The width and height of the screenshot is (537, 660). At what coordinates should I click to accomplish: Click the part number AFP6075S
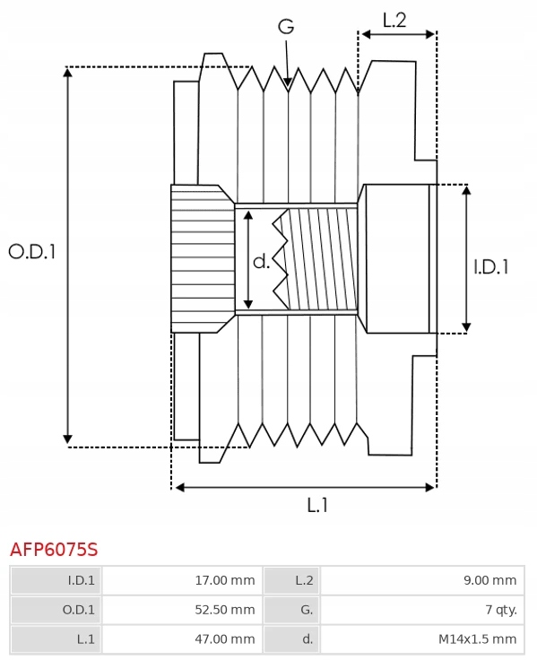coord(54,548)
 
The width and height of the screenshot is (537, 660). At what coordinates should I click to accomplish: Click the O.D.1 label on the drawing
coord(32,252)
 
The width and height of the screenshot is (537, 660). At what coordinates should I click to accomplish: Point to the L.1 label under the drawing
coord(317,506)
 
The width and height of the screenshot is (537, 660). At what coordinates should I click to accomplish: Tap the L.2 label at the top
coord(394,20)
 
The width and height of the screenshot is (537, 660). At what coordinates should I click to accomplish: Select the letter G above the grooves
coord(286,27)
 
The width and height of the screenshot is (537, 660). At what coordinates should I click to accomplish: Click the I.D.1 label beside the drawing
coord(491,265)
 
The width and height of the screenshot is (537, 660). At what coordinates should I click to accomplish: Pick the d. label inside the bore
coord(261,262)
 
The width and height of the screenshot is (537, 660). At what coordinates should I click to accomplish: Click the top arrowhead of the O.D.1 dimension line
coord(68,73)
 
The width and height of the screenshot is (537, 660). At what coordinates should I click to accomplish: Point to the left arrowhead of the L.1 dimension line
coord(178,487)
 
